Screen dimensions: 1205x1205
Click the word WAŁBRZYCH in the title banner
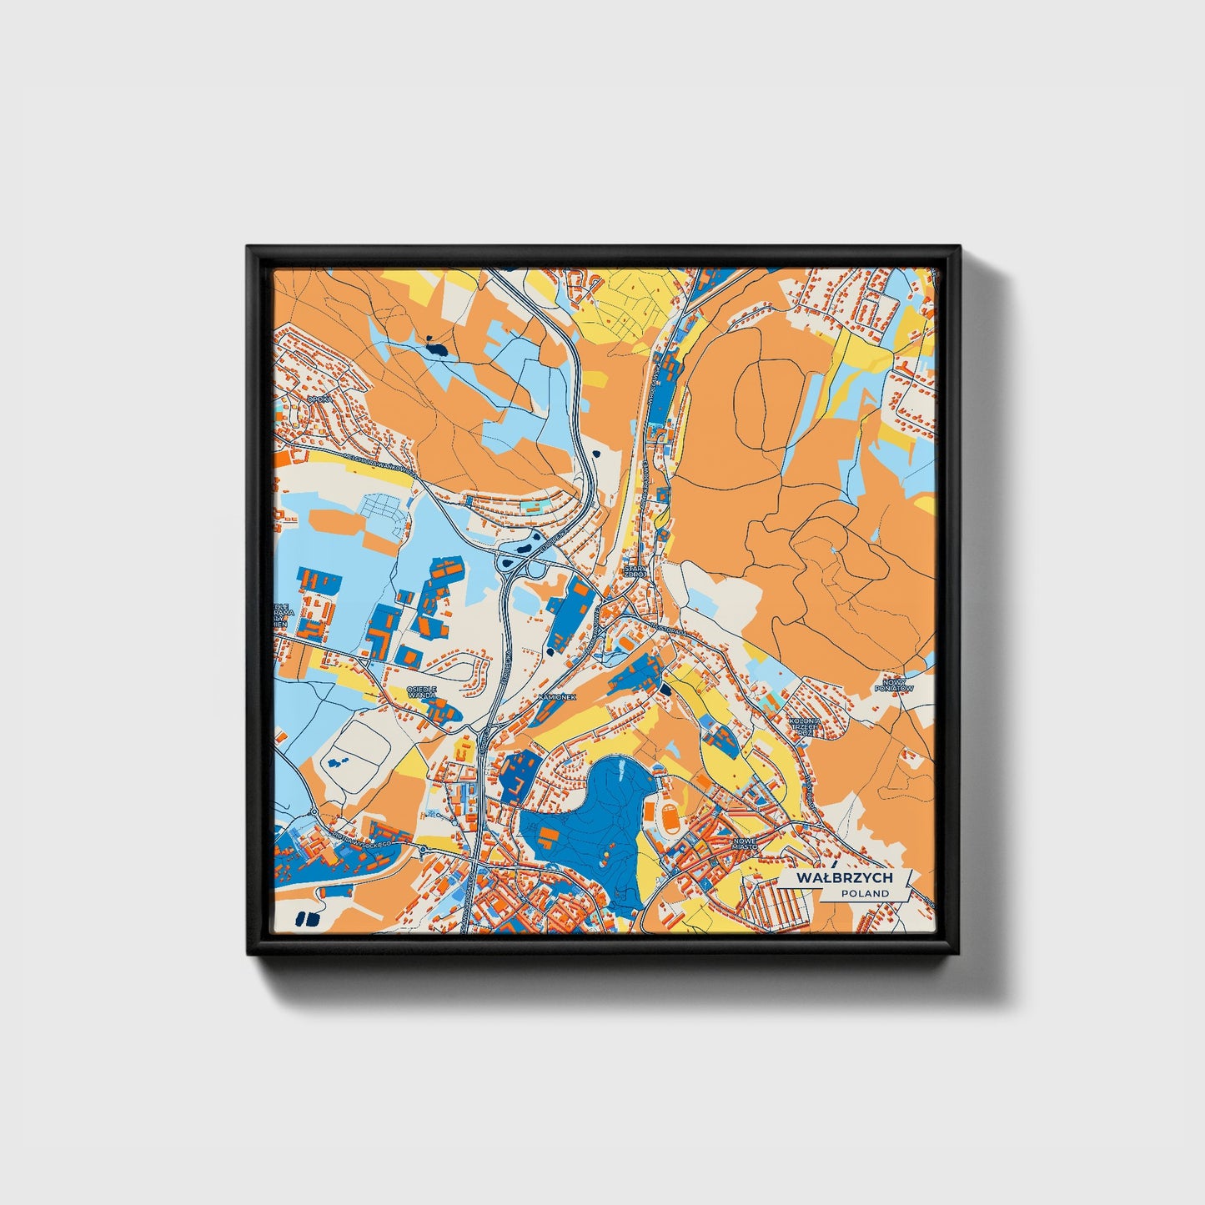pos(844,878)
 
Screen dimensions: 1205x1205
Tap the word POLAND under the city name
pos(865,893)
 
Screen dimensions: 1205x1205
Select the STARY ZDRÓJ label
pos(635,571)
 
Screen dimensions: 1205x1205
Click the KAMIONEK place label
pos(556,695)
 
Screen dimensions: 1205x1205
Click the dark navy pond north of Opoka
pos(435,345)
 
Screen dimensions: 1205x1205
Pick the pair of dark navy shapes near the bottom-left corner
pos(307,919)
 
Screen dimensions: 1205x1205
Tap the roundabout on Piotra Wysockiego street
pos(423,850)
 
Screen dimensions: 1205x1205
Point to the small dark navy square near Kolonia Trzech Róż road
pos(665,689)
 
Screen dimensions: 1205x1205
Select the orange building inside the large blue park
pos(549,835)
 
